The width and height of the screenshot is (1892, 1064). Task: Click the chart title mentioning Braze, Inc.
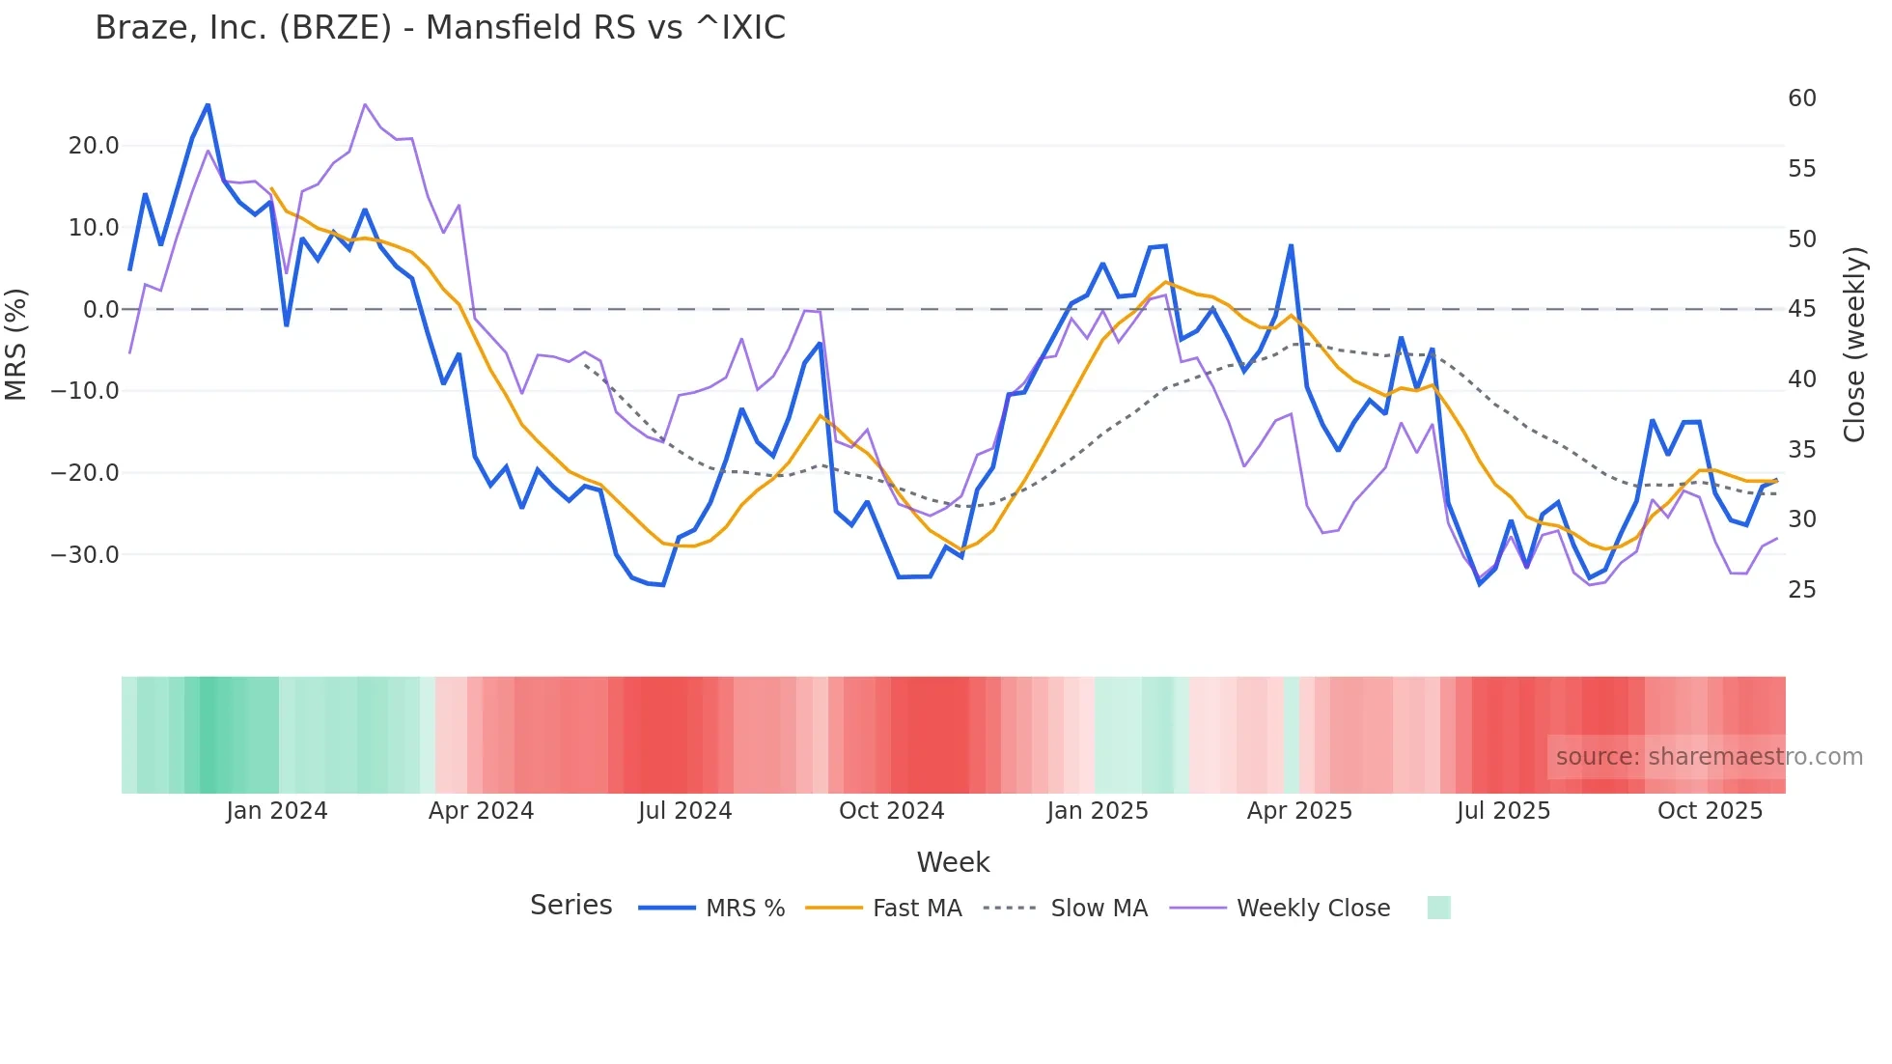point(440,28)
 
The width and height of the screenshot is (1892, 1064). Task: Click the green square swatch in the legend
point(1438,908)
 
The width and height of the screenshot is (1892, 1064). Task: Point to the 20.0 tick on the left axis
point(94,146)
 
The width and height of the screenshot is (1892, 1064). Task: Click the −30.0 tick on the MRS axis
point(85,555)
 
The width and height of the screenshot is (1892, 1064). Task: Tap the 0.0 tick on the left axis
point(100,310)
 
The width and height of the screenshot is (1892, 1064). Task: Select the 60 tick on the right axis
point(1801,98)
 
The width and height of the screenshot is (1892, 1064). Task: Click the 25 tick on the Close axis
point(1801,590)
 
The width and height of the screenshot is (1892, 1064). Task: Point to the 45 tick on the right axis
point(1801,309)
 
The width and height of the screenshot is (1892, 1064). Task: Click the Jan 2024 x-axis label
point(277,811)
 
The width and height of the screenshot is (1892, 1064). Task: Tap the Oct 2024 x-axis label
point(891,811)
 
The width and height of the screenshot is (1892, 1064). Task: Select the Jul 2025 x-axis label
point(1503,811)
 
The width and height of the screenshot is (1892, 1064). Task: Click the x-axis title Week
point(953,862)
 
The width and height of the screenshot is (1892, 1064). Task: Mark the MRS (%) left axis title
point(16,345)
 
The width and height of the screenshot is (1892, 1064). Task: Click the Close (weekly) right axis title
point(1854,345)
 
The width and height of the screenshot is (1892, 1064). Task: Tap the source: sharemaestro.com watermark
point(1709,757)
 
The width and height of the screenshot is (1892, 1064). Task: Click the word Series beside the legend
point(570,906)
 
